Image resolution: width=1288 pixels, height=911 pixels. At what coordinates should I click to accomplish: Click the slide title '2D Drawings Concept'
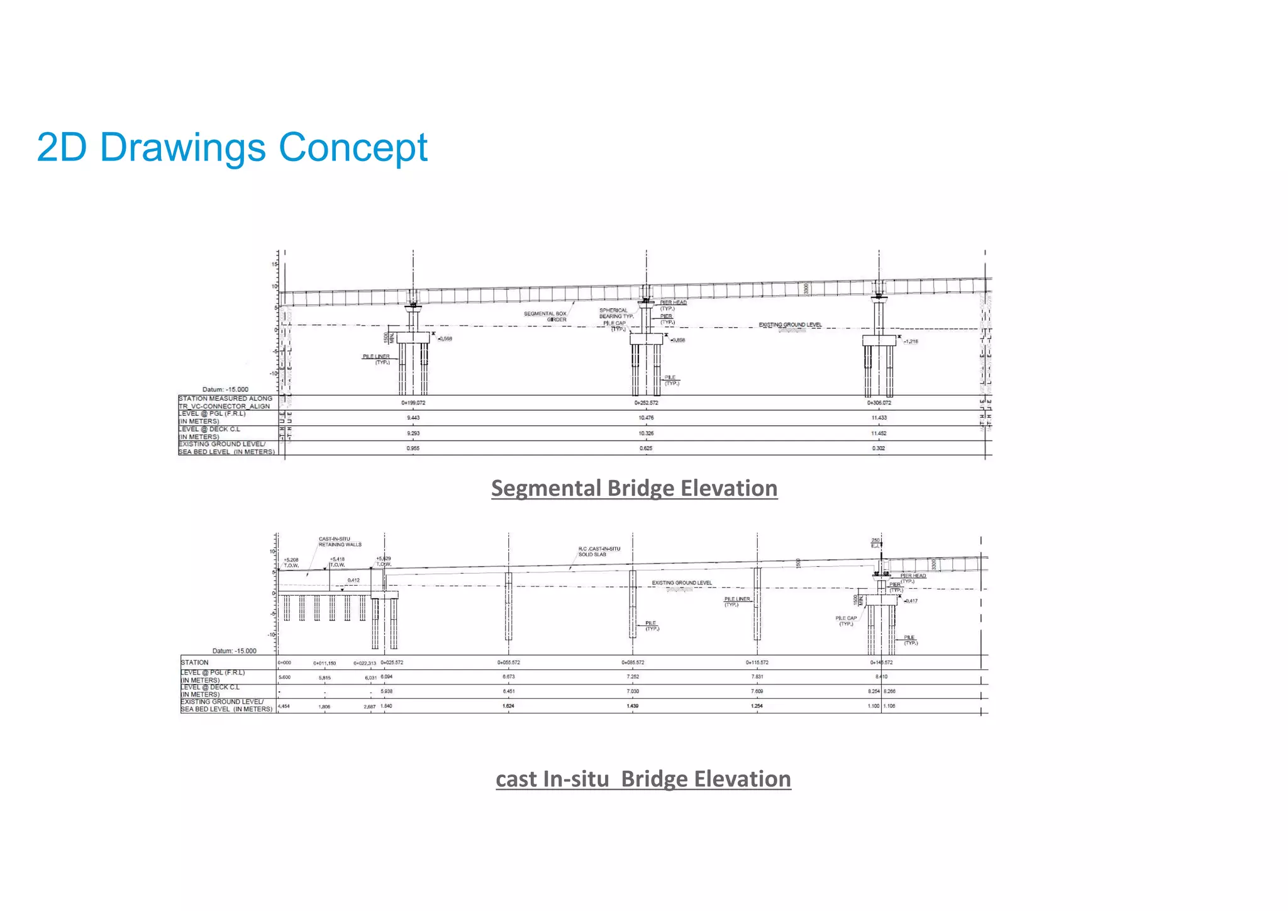(232, 148)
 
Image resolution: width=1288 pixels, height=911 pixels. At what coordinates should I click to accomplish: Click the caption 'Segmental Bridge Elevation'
(634, 488)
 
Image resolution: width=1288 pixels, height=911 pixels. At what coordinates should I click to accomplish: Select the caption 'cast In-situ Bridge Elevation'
(643, 779)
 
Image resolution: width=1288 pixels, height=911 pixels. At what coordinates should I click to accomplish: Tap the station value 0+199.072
(413, 403)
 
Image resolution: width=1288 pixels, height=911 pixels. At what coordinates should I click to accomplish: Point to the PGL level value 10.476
(646, 418)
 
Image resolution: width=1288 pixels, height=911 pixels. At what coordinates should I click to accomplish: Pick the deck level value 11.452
(879, 433)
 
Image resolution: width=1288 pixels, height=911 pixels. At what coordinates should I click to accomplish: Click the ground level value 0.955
(413, 449)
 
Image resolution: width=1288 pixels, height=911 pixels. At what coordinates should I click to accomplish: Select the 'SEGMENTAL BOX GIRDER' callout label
(545, 316)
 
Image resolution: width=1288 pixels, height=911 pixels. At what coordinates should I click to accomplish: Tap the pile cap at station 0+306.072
(879, 340)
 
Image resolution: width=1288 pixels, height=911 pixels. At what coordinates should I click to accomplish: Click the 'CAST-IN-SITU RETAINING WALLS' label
(340, 542)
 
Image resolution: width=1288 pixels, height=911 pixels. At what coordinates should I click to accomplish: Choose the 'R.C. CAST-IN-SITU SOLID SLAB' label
(599, 552)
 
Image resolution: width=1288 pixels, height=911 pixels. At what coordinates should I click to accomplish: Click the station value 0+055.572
(509, 662)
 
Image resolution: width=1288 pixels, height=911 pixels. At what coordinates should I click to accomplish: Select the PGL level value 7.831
(757, 677)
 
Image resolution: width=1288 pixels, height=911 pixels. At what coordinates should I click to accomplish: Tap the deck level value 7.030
(633, 691)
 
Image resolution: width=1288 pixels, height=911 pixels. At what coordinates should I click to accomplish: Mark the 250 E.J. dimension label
(875, 543)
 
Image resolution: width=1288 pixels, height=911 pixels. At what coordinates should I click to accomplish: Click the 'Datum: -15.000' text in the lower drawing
(234, 651)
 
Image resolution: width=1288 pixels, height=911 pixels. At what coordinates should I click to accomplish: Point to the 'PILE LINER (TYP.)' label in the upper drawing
(376, 359)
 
